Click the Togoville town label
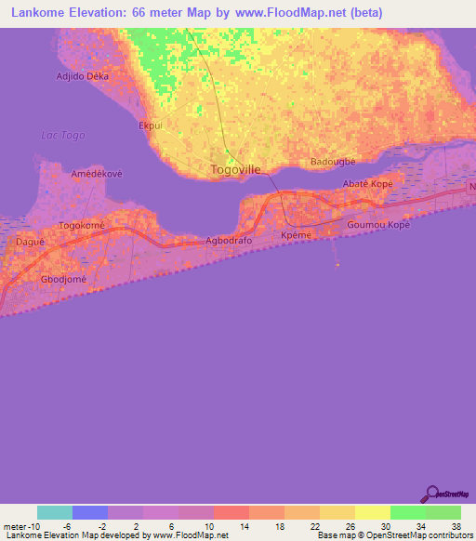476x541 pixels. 235,169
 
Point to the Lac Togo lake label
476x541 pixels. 63,135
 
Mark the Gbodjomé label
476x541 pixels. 63,279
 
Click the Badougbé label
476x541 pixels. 333,161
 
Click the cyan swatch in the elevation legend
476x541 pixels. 55,512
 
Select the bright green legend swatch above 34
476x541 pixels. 407,512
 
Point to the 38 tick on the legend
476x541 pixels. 455,526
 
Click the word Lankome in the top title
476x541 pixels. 34,13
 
